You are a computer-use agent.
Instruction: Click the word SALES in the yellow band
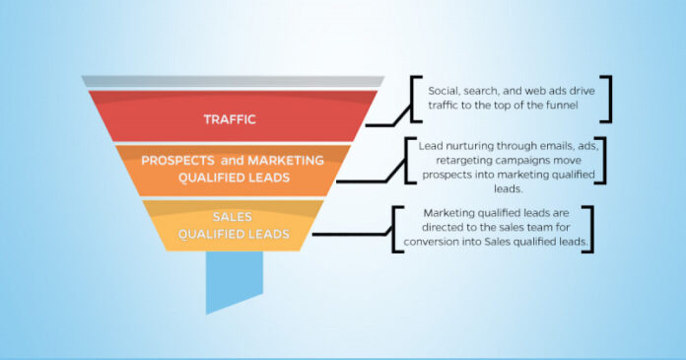[x=233, y=217]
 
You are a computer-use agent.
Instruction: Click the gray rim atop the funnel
[x=233, y=81]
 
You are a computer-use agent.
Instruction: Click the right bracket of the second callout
[x=604, y=160]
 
